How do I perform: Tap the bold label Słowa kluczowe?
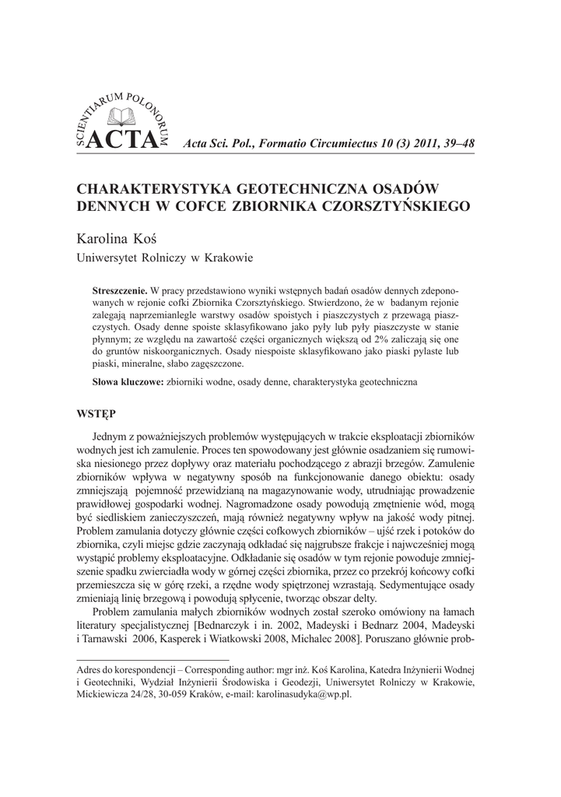click(x=128, y=383)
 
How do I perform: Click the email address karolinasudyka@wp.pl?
click(x=308, y=696)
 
